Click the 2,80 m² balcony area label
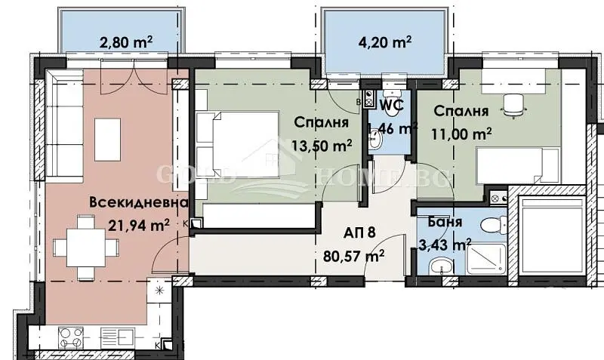(127, 43)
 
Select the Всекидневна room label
(137, 203)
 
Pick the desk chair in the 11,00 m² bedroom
(515, 106)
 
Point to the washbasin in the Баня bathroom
(437, 268)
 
